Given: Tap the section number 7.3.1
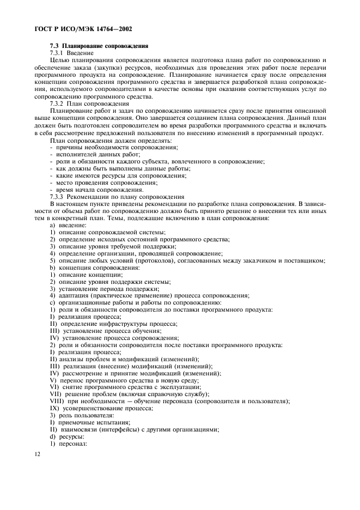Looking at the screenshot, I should (57, 53).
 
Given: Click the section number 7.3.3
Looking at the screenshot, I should (57, 197).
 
